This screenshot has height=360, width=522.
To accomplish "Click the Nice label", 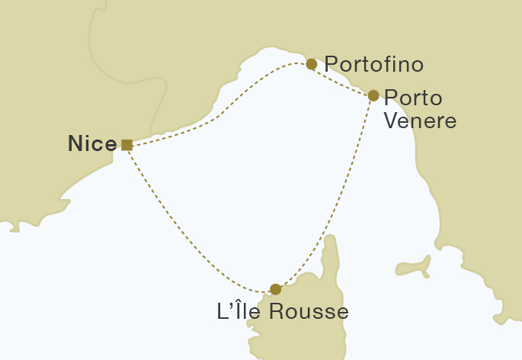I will click(92, 143).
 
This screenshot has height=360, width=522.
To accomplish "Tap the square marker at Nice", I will click(126, 144).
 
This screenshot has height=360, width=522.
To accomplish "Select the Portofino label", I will click(373, 64).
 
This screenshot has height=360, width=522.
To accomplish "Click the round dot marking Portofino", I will click(311, 64).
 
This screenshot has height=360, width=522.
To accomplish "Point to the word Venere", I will click(420, 121).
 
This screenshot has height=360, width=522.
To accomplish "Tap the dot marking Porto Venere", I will click(373, 95).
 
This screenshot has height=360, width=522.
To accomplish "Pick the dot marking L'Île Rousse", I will click(276, 289).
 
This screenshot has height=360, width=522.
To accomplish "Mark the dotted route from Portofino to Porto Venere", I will click(343, 81).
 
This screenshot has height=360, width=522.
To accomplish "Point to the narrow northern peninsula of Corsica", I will click(330, 252).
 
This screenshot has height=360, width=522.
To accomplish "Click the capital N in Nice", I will click(75, 143).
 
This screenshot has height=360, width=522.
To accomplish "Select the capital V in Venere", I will click(391, 121).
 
